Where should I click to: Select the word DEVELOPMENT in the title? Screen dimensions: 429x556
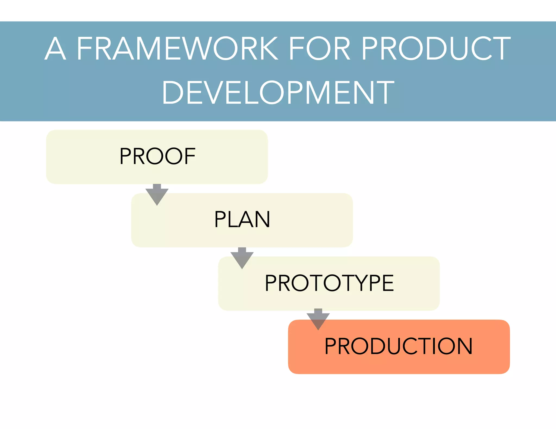click(278, 93)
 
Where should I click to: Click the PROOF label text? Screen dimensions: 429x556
click(157, 156)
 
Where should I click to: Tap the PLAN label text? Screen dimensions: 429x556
click(242, 220)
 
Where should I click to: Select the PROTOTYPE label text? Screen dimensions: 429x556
click(329, 283)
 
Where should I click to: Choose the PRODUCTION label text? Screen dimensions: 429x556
click(399, 346)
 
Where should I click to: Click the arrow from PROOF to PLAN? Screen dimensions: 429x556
click(157, 195)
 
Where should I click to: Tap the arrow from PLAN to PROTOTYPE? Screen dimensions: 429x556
click(242, 258)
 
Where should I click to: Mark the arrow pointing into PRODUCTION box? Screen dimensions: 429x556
click(318, 319)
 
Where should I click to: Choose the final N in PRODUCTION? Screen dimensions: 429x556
click(464, 346)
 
